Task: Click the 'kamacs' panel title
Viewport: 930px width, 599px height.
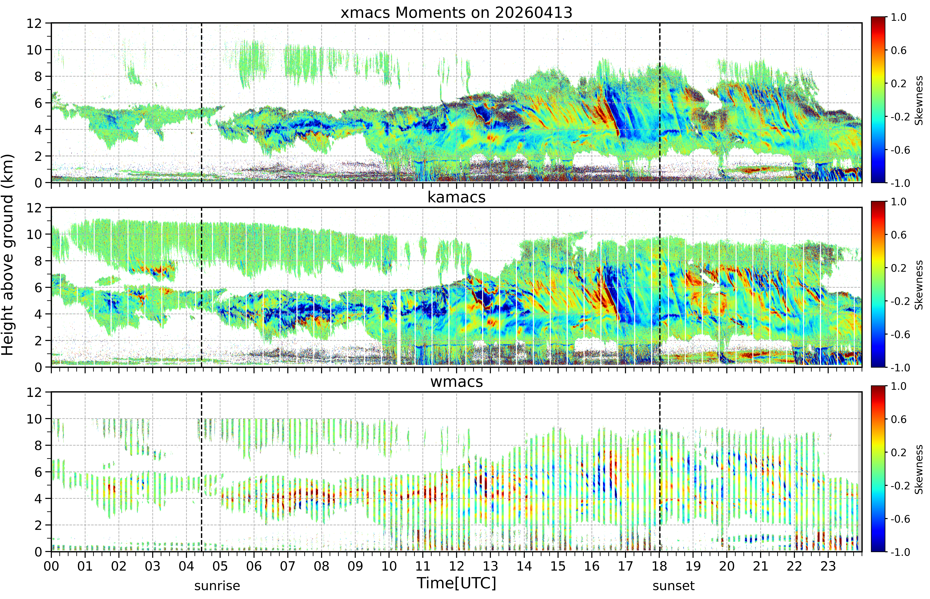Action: (x=456, y=197)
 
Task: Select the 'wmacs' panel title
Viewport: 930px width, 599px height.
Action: (x=456, y=382)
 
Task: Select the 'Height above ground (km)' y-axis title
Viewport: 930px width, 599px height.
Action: (x=8, y=255)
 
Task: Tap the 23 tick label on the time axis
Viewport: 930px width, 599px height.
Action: (x=828, y=566)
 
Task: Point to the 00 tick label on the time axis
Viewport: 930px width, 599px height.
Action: (x=51, y=566)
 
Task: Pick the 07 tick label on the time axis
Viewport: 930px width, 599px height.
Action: (x=287, y=566)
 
